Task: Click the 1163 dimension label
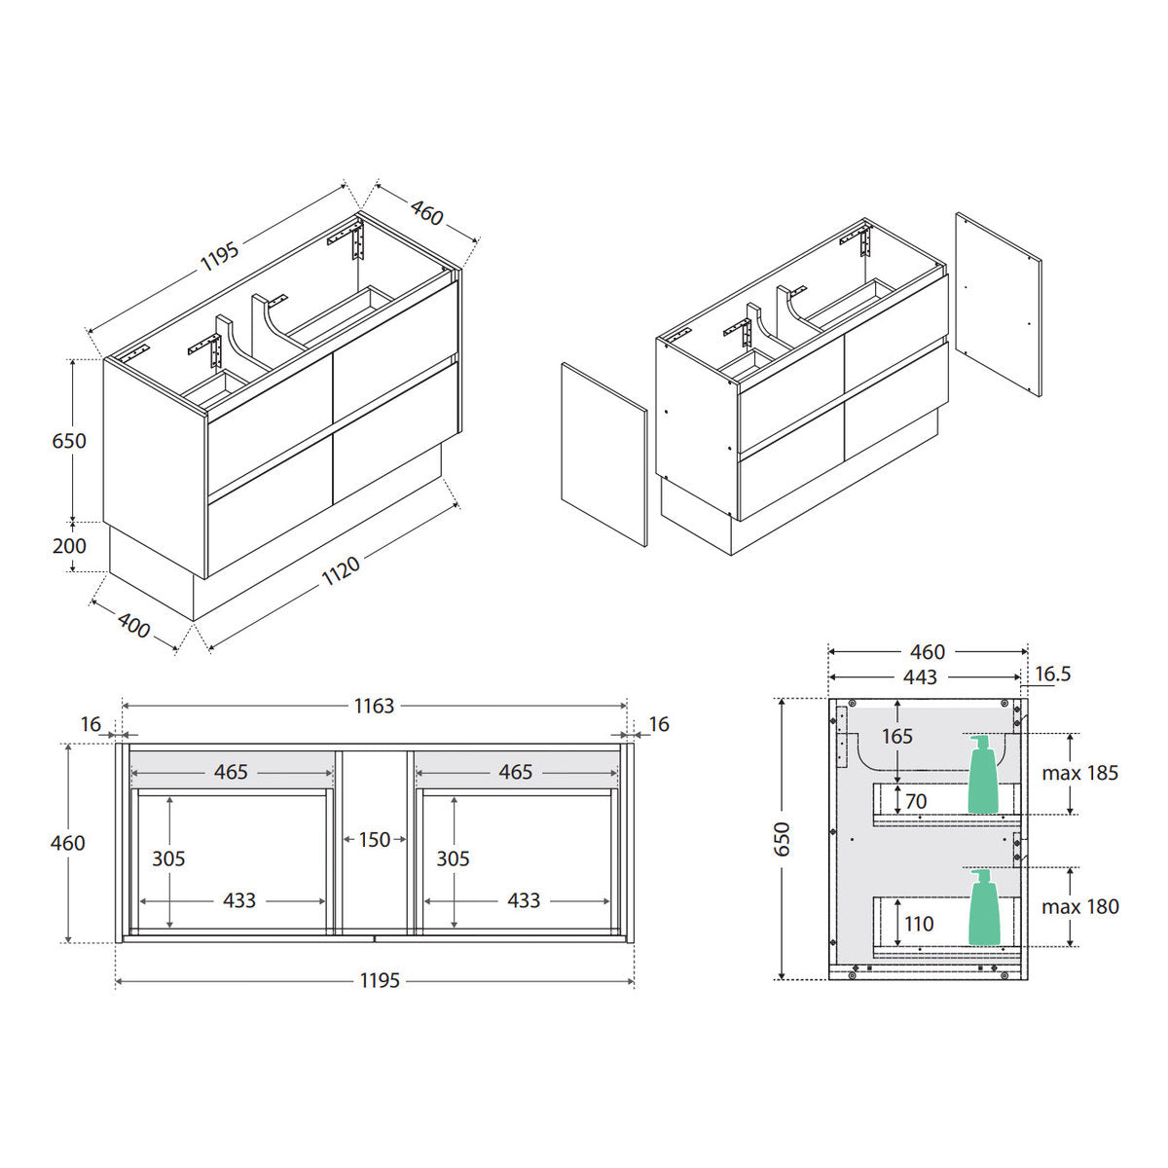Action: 374,706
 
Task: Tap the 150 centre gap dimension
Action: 374,839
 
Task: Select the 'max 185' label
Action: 1080,773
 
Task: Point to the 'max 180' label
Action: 1080,907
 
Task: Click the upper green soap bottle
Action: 982,774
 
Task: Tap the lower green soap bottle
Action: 984,907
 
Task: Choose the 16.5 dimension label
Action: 1053,674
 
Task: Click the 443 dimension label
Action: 920,677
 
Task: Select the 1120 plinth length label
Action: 341,571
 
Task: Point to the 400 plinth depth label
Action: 133,626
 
